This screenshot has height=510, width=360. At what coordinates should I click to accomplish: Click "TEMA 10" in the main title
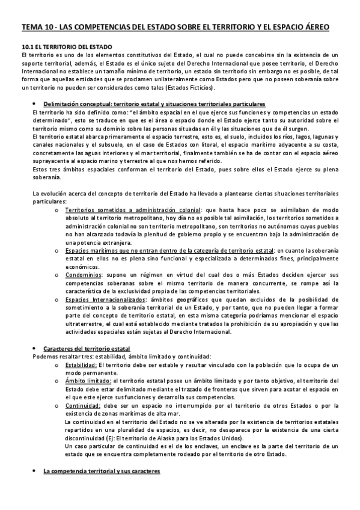(x=37, y=28)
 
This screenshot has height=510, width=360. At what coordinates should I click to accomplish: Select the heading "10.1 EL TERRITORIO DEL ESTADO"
(x=70, y=46)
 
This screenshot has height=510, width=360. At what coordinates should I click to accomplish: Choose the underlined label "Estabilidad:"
(x=81, y=364)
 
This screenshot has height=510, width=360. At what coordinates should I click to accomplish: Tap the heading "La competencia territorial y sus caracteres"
(x=102, y=472)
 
